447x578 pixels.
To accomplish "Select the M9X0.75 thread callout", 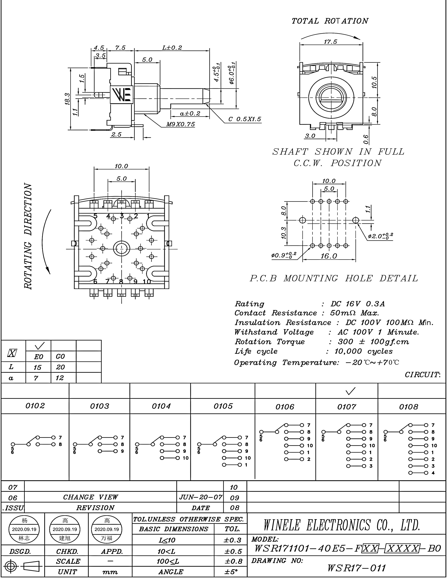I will (x=180, y=124).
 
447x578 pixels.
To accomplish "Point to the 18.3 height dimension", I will (x=67, y=99).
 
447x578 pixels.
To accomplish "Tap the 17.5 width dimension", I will (x=330, y=42).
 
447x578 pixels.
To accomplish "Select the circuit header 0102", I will (x=35, y=406).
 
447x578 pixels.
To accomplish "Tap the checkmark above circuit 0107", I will (x=350, y=391).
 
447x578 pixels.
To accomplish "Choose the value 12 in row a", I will (x=60, y=378).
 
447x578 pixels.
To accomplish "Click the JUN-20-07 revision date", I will (x=201, y=497).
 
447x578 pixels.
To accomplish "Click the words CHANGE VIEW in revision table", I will (x=90, y=497).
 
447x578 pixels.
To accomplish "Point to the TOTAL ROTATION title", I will (x=330, y=21).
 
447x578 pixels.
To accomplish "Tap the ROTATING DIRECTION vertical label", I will (x=28, y=236).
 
